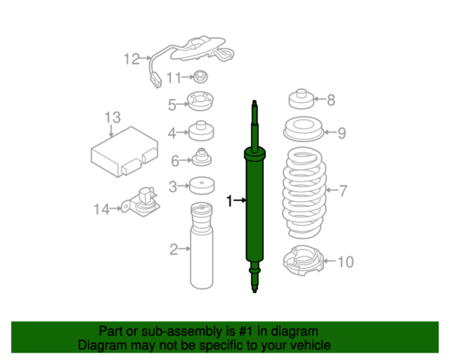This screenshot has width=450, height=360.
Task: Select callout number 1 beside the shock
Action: pos(229,200)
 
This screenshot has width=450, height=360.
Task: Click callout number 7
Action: pos(343,190)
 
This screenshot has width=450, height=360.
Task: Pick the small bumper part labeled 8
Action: pos(300,100)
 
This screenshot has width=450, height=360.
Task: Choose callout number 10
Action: pos(345,262)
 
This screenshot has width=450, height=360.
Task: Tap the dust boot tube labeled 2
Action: pos(200,251)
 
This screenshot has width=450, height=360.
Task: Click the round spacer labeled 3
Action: pos(199,186)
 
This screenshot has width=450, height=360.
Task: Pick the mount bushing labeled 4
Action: pos(200,132)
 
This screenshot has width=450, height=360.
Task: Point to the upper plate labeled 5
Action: pos(200,101)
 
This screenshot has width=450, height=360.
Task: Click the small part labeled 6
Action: pos(201,159)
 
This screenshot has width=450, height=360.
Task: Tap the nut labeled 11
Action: pos(200,76)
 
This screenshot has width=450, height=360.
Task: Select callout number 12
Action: pos(132,58)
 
